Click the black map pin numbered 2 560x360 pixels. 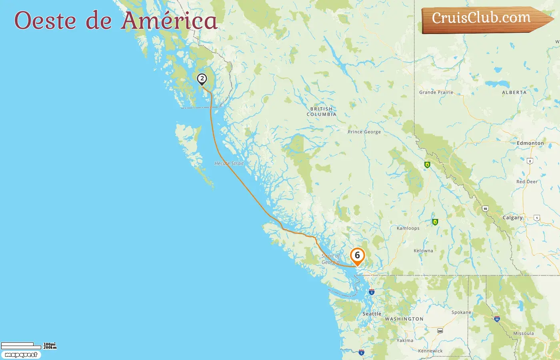click(x=202, y=79)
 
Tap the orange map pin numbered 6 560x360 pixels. click(x=357, y=256)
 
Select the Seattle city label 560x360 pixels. click(x=372, y=314)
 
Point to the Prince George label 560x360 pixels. click(x=364, y=132)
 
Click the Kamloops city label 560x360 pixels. click(x=408, y=228)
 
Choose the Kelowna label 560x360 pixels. click(x=423, y=251)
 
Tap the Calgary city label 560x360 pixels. click(x=512, y=218)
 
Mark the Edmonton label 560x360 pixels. click(x=530, y=143)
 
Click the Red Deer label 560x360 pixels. click(x=527, y=182)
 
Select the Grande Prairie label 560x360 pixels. click(x=436, y=92)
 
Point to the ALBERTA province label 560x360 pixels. click(x=514, y=92)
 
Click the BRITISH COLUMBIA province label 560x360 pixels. click(x=321, y=112)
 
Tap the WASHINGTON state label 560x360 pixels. click(x=404, y=319)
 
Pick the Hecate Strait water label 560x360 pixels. click(x=229, y=164)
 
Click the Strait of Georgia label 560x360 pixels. click(x=331, y=259)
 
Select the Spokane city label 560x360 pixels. click(x=461, y=312)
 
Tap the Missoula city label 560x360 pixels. click(x=524, y=334)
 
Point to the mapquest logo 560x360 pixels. click(x=21, y=355)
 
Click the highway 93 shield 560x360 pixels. click(x=485, y=209)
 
